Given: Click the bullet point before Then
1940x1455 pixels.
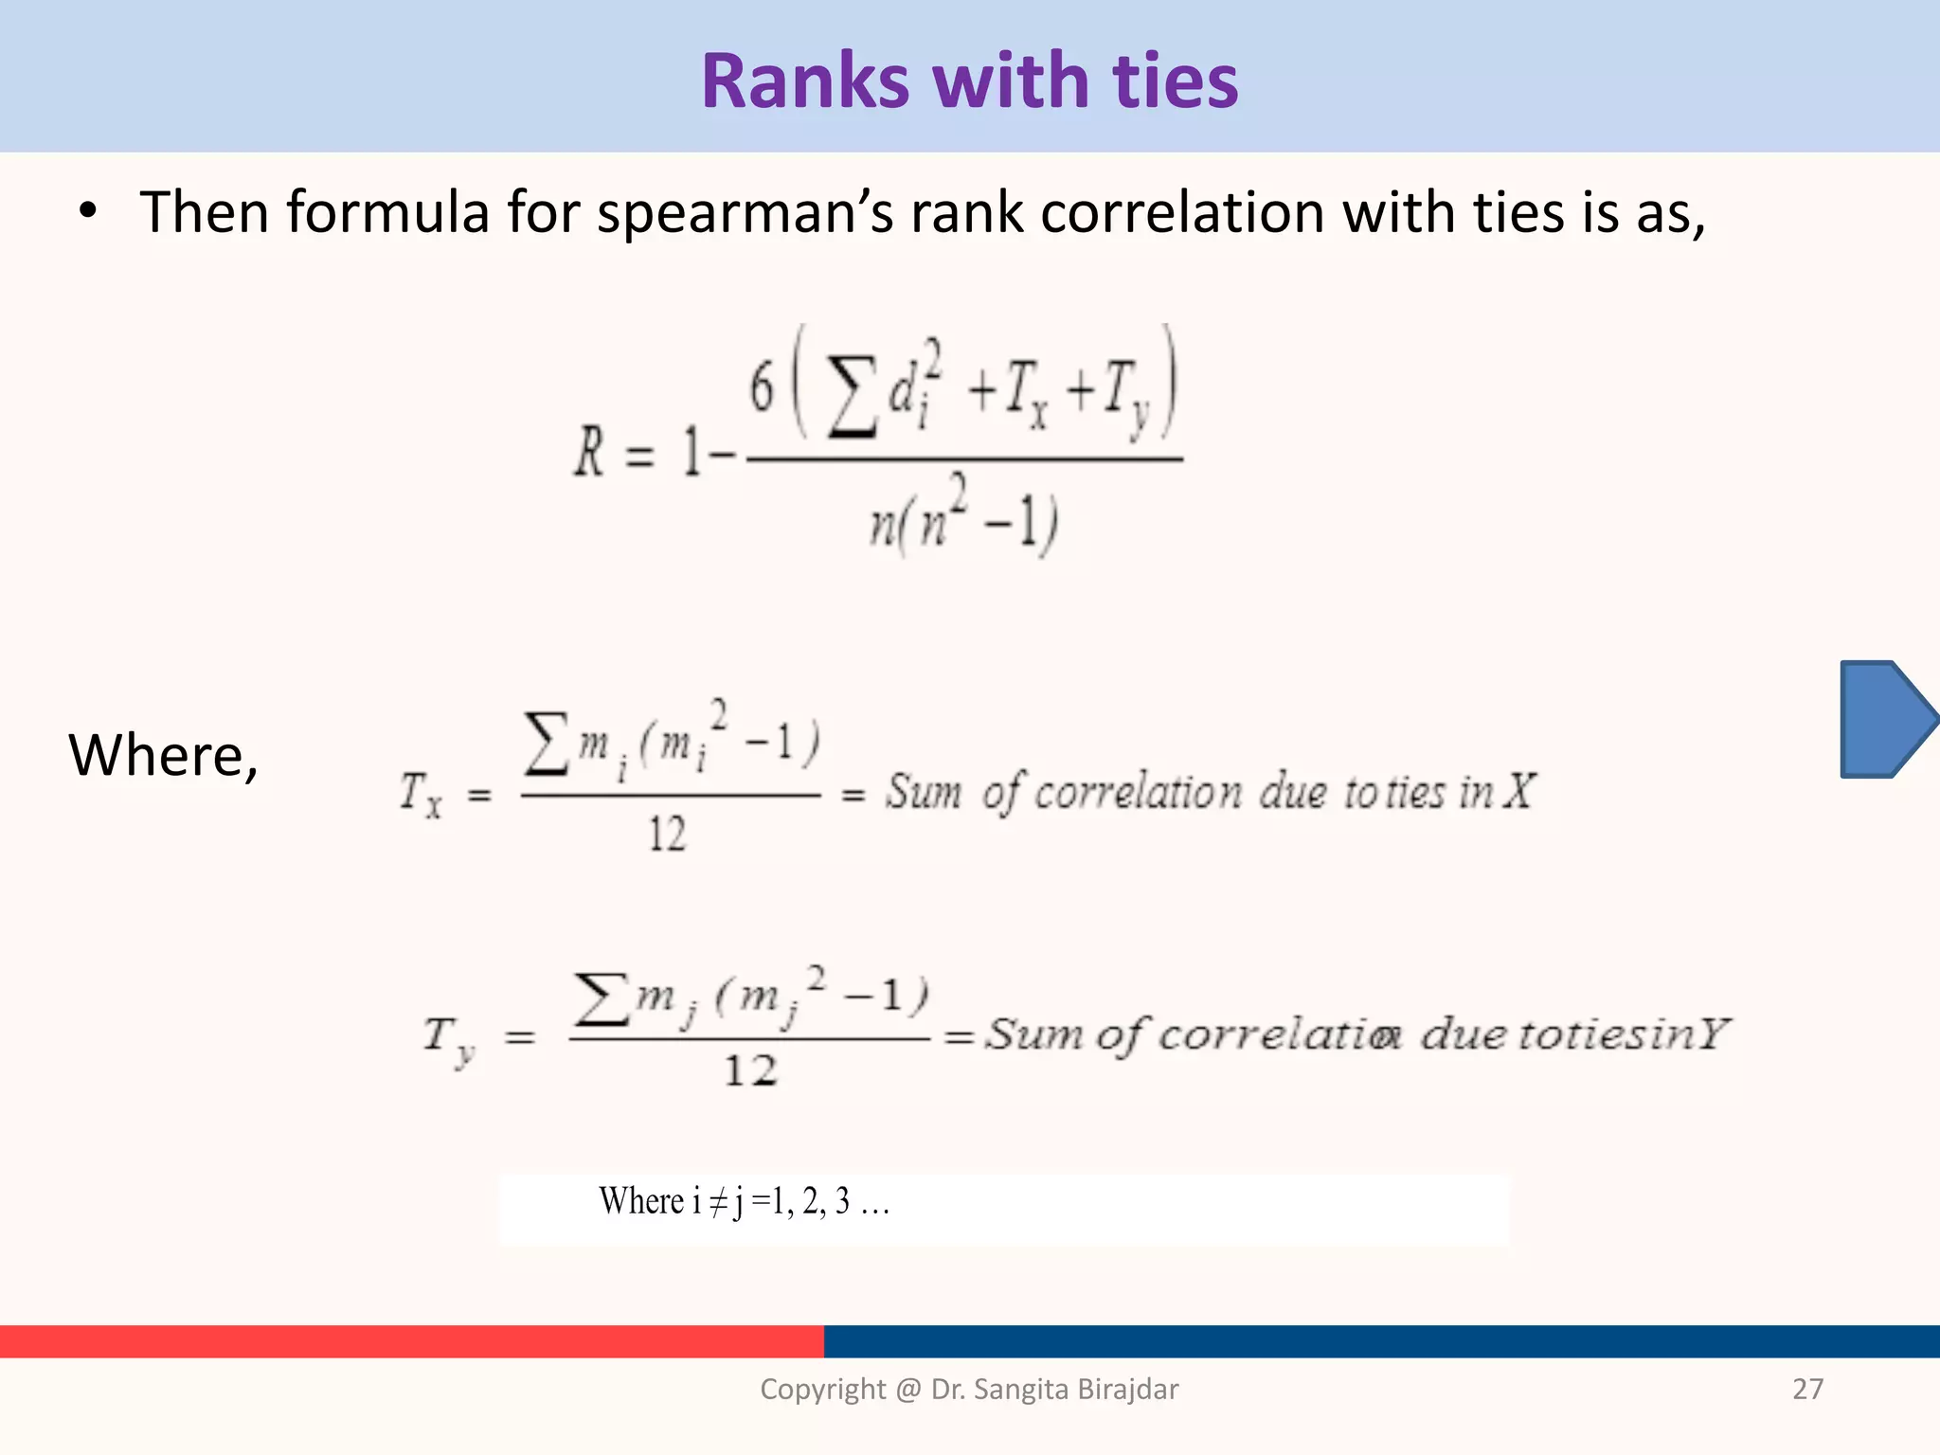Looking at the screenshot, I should pos(88,212).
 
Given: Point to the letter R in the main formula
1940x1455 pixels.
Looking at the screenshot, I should pos(589,452).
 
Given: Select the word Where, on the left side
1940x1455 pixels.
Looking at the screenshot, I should pos(163,756).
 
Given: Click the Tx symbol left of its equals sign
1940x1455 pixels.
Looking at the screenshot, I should pos(420,794).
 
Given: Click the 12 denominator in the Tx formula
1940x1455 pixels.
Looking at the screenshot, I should pos(667,835).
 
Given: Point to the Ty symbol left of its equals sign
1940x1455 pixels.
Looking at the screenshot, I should pos(448,1039).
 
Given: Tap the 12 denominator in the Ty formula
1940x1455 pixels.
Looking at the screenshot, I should pos(750,1071).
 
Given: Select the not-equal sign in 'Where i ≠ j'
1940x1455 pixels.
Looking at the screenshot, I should pos(719,1202).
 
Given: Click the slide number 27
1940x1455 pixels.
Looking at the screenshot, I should pos(1807,1389).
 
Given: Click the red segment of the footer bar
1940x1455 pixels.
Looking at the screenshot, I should pos(411,1341).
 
